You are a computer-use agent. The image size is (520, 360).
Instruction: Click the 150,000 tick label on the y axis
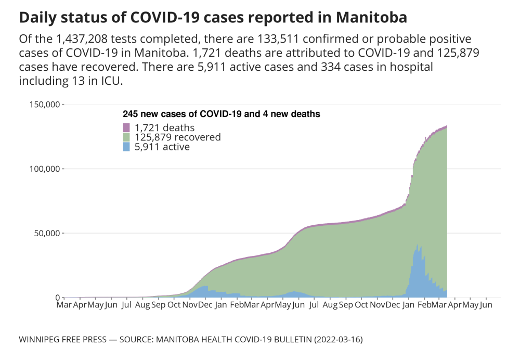pos(44,105)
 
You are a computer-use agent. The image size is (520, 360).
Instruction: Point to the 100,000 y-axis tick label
pos(44,169)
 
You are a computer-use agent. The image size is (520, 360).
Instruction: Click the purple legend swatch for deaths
pos(126,127)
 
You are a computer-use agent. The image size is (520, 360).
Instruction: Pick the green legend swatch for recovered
pos(126,137)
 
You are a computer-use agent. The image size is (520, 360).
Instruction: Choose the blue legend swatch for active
pos(126,147)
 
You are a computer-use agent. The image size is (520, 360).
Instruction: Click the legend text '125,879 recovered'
pos(178,137)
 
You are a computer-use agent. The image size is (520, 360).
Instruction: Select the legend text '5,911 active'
pos(162,147)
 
